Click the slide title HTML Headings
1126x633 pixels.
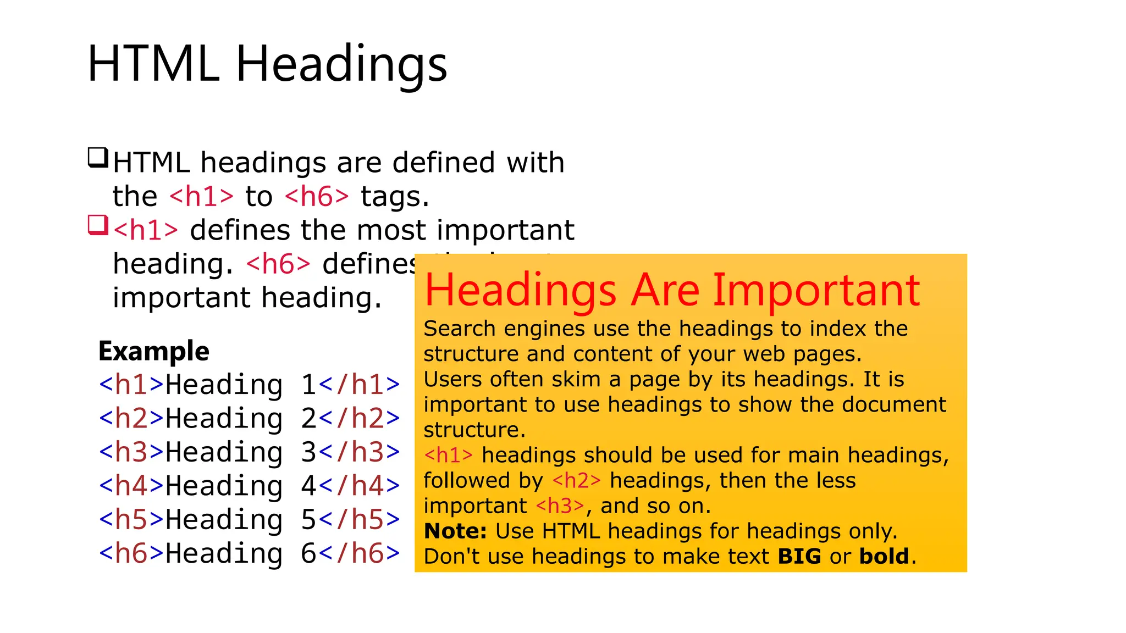(x=267, y=64)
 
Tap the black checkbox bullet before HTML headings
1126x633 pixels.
(x=98, y=158)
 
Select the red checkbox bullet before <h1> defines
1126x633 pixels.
(x=98, y=225)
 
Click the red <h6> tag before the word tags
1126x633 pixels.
(x=317, y=197)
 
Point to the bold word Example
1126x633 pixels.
(x=154, y=351)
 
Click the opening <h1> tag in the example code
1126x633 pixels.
(x=131, y=385)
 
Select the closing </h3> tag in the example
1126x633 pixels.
(x=360, y=452)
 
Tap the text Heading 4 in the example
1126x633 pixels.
(x=241, y=486)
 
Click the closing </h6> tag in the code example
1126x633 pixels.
(x=360, y=553)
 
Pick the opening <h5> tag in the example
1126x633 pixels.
(x=131, y=520)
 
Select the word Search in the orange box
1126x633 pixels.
(x=460, y=329)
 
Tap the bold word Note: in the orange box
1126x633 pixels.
(x=455, y=531)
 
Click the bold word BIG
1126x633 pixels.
(x=799, y=557)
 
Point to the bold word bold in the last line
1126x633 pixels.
(x=884, y=557)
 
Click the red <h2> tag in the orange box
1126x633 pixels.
(x=576, y=481)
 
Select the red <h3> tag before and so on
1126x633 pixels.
(x=560, y=506)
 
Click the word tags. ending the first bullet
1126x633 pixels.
(x=395, y=197)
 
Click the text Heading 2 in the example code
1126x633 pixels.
(x=241, y=419)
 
